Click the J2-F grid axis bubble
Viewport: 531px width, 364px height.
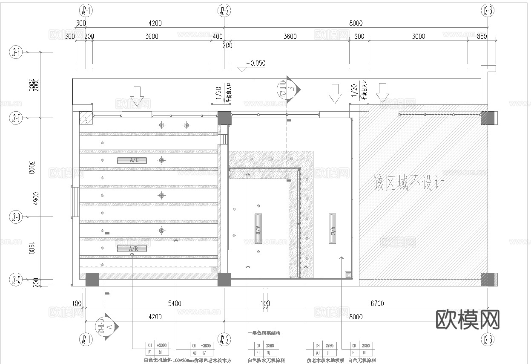(16, 52)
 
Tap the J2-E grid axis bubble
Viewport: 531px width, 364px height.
(16, 118)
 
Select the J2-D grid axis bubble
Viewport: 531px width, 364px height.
(16, 218)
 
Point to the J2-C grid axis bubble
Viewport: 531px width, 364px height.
(16, 280)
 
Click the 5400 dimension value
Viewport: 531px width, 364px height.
(175, 303)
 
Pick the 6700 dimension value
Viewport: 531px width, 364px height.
(377, 303)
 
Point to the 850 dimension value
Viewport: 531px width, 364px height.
(482, 37)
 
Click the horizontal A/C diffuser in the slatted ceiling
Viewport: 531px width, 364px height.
(132, 160)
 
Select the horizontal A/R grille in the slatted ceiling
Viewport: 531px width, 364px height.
(132, 248)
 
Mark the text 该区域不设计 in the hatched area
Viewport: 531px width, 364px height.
(408, 184)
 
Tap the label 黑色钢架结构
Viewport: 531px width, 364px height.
(266, 333)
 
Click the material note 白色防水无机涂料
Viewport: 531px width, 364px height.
(266, 361)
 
